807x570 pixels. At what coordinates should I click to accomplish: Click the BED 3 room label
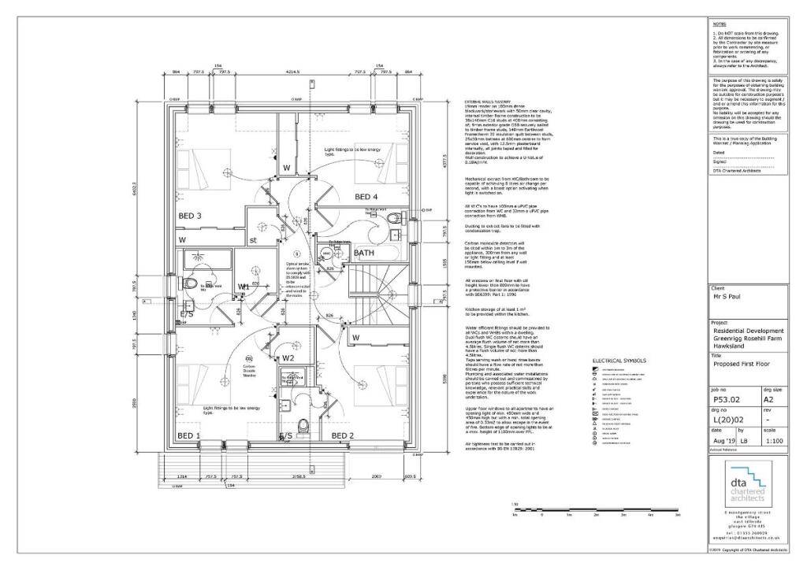pos(189,216)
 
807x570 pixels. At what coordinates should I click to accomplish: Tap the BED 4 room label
pos(366,196)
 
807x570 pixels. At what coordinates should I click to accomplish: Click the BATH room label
pos(364,253)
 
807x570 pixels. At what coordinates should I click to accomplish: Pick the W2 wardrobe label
pos(288,358)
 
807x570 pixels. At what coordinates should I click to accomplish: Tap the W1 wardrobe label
pos(244,287)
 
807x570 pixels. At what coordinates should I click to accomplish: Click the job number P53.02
pos(727,400)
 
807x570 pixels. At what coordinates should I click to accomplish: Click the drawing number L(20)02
pos(729,420)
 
